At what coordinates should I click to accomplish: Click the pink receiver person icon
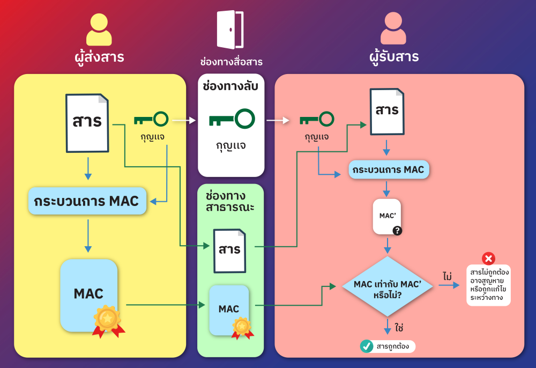point(393,29)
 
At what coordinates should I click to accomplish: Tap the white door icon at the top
point(230,30)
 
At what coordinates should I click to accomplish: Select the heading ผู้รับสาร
point(394,56)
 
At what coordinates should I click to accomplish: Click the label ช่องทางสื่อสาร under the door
point(231,62)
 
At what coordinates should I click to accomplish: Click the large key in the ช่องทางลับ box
point(231,119)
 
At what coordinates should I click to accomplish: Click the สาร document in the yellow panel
point(87,122)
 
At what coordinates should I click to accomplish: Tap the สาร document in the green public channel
point(229,250)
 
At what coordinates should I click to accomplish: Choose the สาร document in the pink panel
point(386,111)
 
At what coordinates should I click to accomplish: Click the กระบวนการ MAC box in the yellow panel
point(86,201)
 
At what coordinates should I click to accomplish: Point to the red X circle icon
point(488,259)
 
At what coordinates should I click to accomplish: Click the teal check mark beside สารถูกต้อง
point(367,346)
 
